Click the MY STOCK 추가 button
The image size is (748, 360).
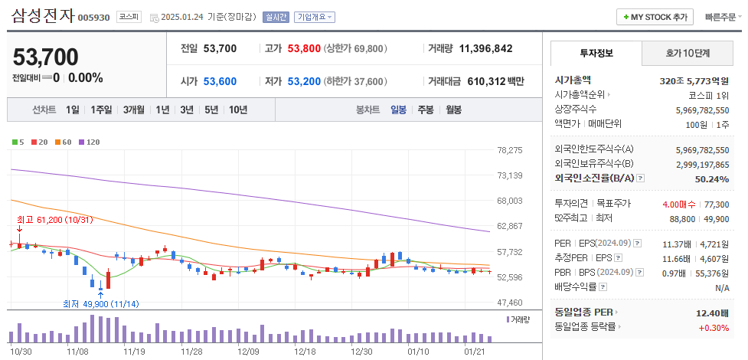pyautogui.click(x=655, y=17)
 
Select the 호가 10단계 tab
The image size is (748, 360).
pyautogui.click(x=687, y=54)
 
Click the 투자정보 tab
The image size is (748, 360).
pyautogui.click(x=596, y=54)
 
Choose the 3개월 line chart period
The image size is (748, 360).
pyautogui.click(x=136, y=110)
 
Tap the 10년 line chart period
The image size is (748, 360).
pyautogui.click(x=237, y=110)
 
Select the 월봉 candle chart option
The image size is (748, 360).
pyautogui.click(x=453, y=110)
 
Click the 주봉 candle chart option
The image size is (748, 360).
pyautogui.click(x=426, y=110)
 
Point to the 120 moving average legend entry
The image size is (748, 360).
pyautogui.click(x=90, y=142)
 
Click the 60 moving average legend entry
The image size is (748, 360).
pyautogui.click(x=64, y=142)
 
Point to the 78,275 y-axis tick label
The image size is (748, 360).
pyautogui.click(x=509, y=150)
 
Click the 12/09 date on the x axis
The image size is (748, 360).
pyautogui.click(x=249, y=351)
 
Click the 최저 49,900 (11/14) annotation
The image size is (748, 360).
pyautogui.click(x=100, y=304)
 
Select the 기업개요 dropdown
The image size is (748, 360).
pyautogui.click(x=314, y=17)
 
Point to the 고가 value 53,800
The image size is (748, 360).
pyautogui.click(x=304, y=48)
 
